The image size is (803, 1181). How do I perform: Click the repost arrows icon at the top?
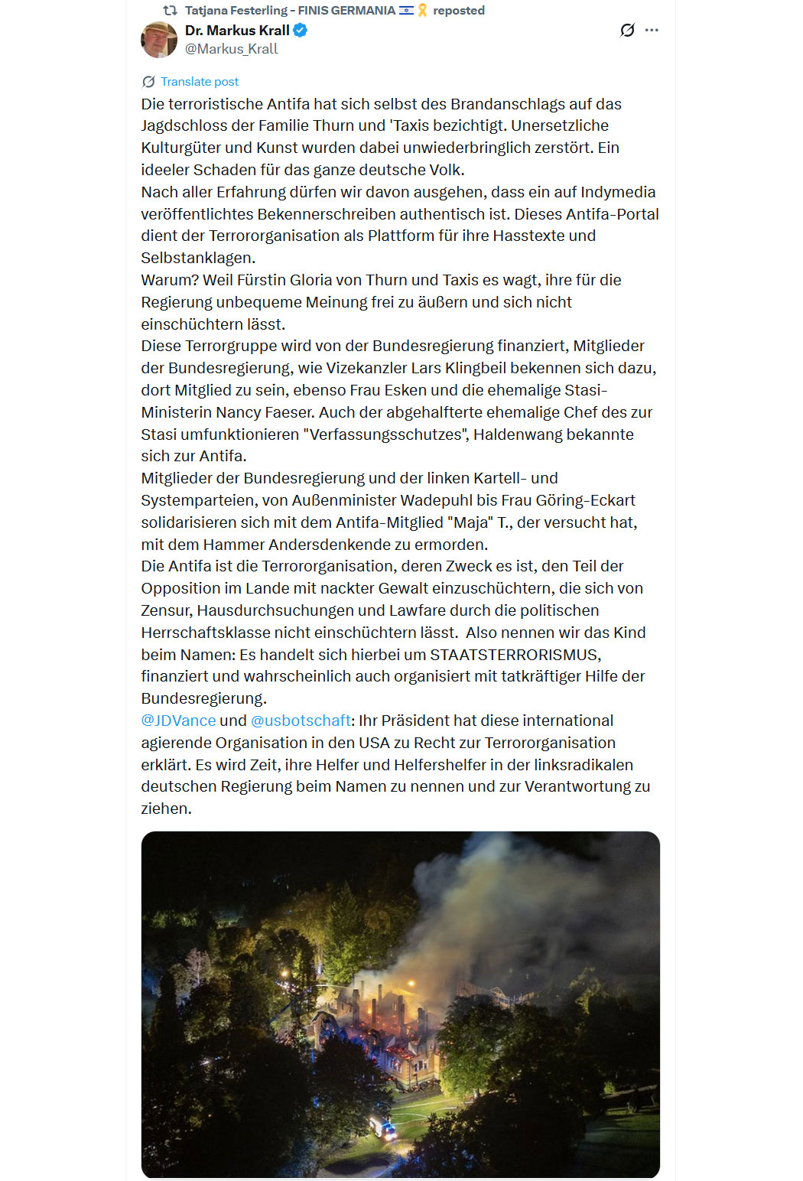[x=171, y=11]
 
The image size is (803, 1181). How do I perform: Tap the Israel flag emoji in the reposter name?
[x=406, y=11]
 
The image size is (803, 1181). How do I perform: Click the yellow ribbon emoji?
[x=422, y=11]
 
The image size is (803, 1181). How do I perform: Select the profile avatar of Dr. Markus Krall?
[x=159, y=40]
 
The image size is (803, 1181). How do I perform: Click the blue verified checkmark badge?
[x=301, y=31]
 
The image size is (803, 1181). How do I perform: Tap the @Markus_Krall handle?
[x=231, y=49]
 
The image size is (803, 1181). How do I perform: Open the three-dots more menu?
[x=652, y=31]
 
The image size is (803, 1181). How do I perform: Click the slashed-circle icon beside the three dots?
[x=627, y=31]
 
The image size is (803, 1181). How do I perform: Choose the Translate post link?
[x=199, y=82]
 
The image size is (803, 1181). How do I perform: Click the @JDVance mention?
[x=178, y=721]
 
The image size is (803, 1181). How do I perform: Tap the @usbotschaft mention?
[x=301, y=721]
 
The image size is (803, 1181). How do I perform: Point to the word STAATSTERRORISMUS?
[x=515, y=655]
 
